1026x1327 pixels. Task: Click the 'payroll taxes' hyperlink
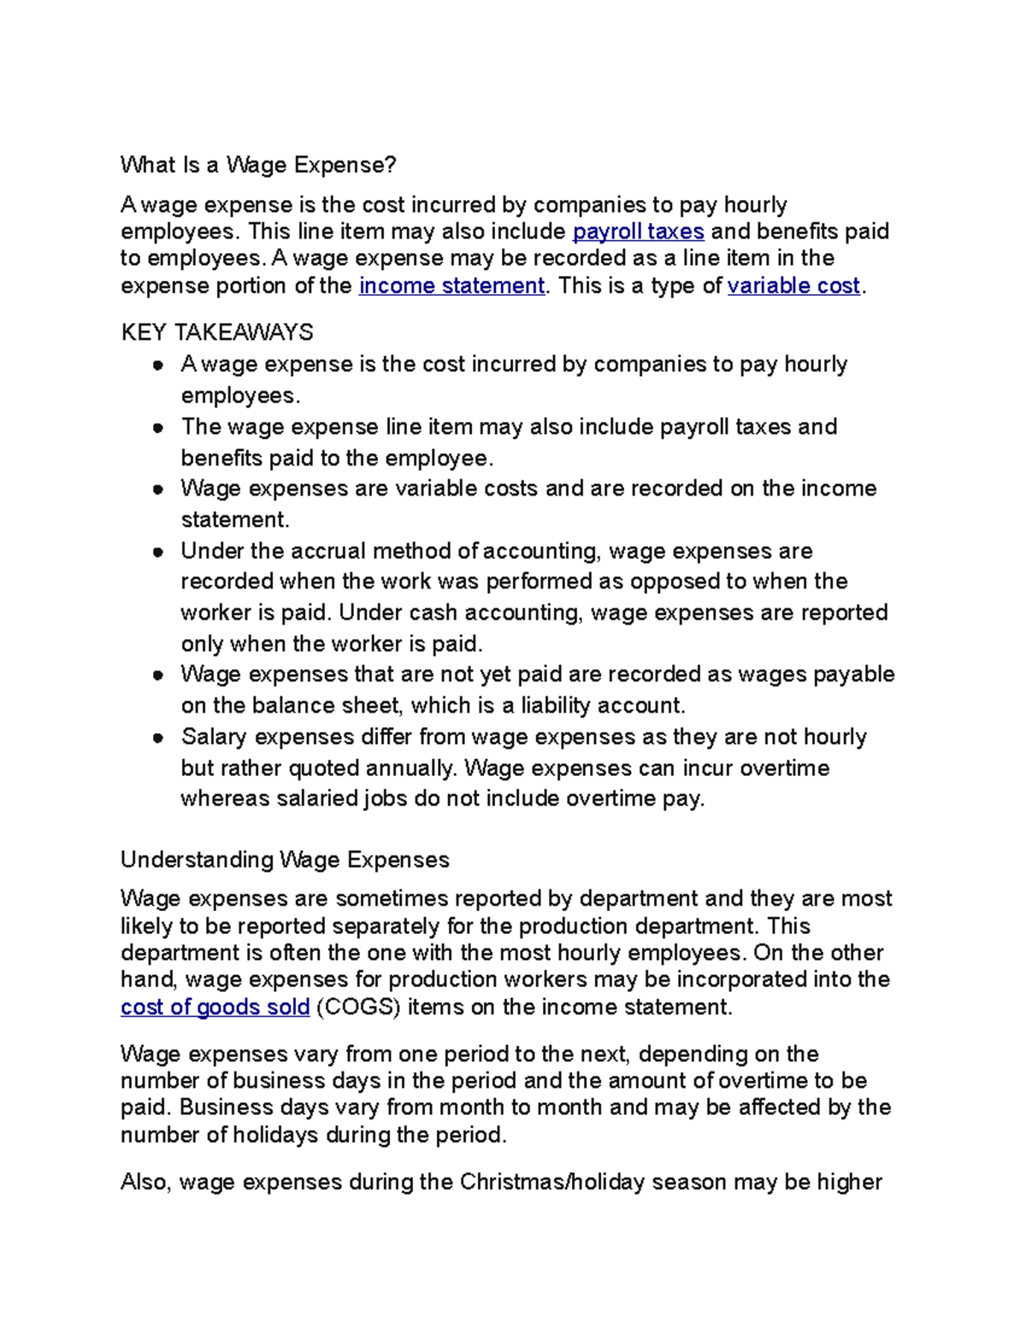(638, 232)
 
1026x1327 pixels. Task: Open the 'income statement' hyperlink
(451, 285)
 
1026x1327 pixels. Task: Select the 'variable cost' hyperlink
(793, 285)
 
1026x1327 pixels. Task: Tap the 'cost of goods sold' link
(215, 1007)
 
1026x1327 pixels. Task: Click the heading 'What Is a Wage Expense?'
(258, 165)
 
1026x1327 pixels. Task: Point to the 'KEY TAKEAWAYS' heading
(217, 332)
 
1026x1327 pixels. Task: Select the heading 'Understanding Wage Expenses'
(285, 860)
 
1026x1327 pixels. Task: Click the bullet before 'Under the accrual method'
(158, 552)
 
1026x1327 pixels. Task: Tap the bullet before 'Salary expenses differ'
(158, 737)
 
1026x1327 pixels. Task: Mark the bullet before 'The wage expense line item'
(158, 427)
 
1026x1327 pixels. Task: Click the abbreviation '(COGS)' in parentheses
(358, 1007)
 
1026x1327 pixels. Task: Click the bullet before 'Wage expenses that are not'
(158, 675)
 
